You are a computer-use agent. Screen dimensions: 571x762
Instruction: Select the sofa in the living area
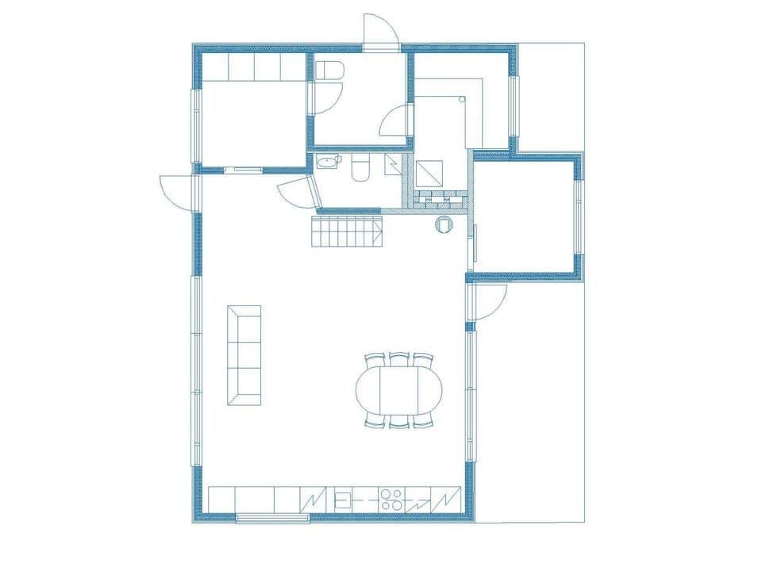pyautogui.click(x=244, y=355)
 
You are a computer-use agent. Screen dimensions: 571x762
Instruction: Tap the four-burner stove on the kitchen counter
pyautogui.click(x=391, y=500)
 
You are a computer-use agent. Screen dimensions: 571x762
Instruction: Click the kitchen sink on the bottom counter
pyautogui.click(x=344, y=500)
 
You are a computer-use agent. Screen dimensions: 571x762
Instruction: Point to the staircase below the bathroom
pyautogui.click(x=346, y=232)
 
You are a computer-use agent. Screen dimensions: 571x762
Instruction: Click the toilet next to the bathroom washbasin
pyautogui.click(x=359, y=169)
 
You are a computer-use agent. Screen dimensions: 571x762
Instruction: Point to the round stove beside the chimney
pyautogui.click(x=443, y=225)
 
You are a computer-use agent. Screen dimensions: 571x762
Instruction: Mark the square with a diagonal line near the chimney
pyautogui.click(x=432, y=172)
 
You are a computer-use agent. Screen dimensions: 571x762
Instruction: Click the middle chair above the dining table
pyautogui.click(x=399, y=359)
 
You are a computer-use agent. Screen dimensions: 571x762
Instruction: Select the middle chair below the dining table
pyautogui.click(x=399, y=422)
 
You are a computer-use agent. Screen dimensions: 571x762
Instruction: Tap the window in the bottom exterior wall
pyautogui.click(x=272, y=519)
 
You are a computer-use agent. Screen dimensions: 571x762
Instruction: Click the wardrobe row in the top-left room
pyautogui.click(x=254, y=67)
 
